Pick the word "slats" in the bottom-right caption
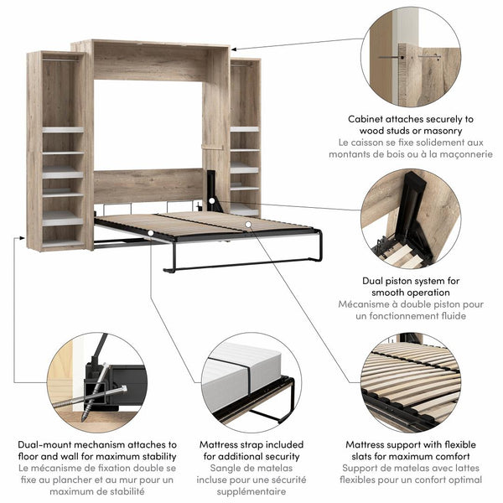tap(370, 456)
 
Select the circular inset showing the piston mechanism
tap(410, 215)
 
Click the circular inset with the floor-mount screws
tap(96, 381)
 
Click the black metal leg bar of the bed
tap(243, 267)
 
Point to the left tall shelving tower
tap(56, 151)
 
